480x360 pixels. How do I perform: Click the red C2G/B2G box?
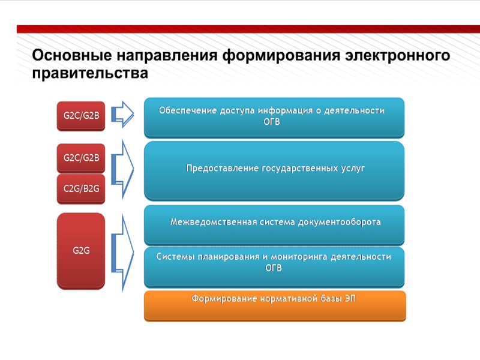pyautogui.click(x=81, y=188)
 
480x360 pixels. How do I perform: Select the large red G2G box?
pyautogui.click(x=81, y=251)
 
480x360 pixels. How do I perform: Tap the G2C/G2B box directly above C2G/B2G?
pyautogui.click(x=81, y=158)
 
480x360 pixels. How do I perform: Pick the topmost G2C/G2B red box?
pyautogui.click(x=81, y=115)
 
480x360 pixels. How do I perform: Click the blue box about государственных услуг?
pyautogui.click(x=274, y=170)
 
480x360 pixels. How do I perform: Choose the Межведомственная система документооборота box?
pyautogui.click(x=274, y=224)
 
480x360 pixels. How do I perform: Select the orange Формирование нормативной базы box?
pyautogui.click(x=274, y=305)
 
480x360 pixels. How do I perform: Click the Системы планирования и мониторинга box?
pyautogui.click(x=274, y=265)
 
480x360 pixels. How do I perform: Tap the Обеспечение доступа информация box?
pyautogui.click(x=274, y=118)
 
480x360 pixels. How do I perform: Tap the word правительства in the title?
pyautogui.click(x=89, y=73)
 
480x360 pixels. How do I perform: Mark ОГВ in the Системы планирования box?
pyautogui.click(x=273, y=268)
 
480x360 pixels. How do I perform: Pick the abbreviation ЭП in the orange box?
pyautogui.click(x=349, y=298)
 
